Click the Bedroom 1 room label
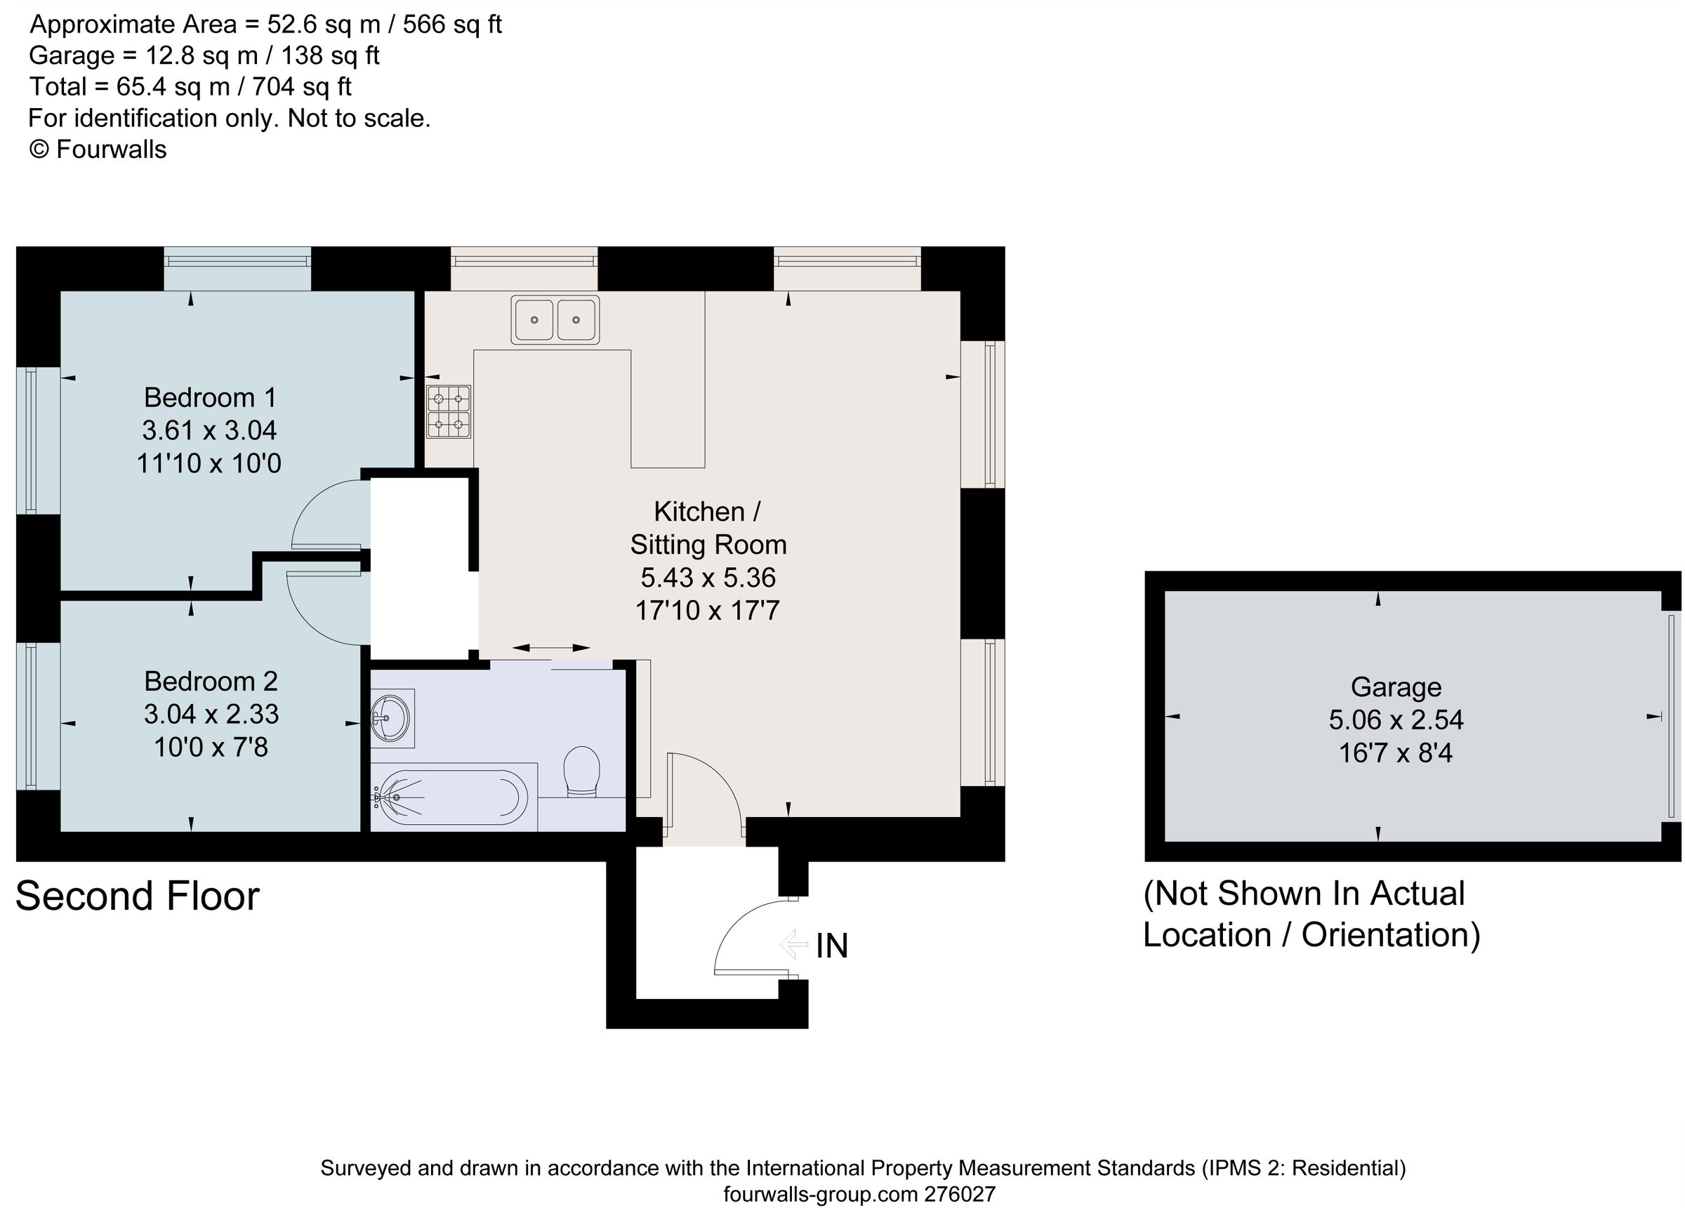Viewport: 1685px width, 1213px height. [x=210, y=397]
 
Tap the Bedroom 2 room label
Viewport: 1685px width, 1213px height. [x=211, y=681]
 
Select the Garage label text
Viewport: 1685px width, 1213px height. [x=1396, y=688]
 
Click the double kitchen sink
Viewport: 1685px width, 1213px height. [x=555, y=320]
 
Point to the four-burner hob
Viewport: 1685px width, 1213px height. [x=449, y=412]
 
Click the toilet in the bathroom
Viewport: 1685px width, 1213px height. [x=582, y=773]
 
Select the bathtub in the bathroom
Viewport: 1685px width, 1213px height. [x=454, y=797]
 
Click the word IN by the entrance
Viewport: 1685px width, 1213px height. [x=832, y=946]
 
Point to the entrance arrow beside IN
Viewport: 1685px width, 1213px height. [x=793, y=946]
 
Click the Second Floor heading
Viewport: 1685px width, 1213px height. [x=138, y=896]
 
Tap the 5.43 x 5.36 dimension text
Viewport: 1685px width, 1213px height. [x=708, y=577]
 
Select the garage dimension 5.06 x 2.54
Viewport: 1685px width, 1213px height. [x=1396, y=720]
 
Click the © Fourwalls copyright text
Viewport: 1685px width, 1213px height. [x=98, y=150]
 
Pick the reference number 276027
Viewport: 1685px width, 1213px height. [x=959, y=1195]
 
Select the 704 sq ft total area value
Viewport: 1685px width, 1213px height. [x=302, y=87]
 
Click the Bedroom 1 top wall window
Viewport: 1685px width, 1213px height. [x=238, y=268]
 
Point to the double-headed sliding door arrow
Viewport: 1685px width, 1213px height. [x=550, y=649]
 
